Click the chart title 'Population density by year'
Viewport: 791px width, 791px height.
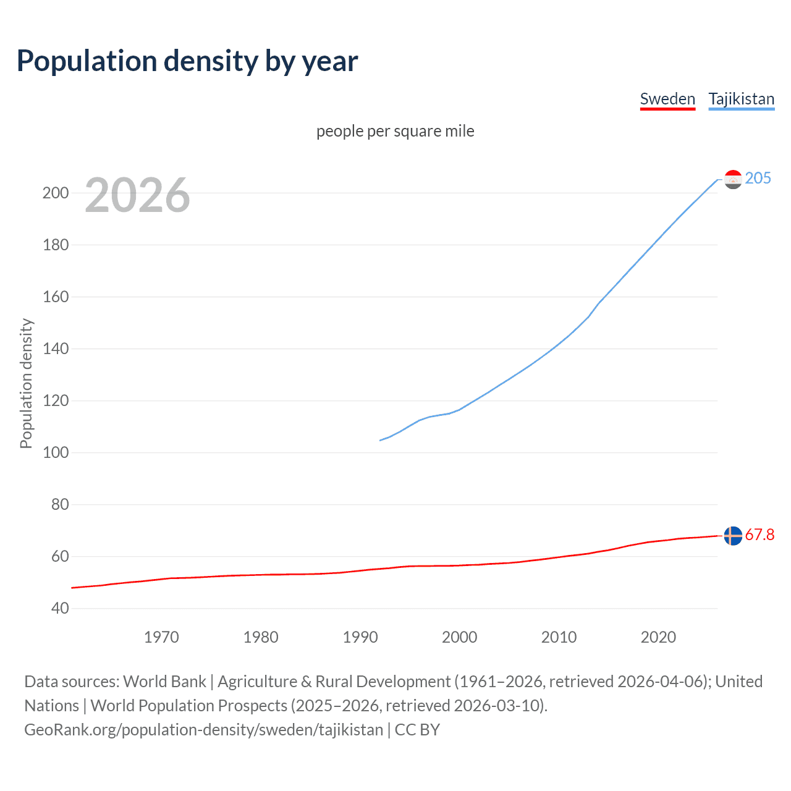(187, 61)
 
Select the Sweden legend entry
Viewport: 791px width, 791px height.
(667, 99)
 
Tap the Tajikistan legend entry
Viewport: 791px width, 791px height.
(741, 99)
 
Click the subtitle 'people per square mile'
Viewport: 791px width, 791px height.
(395, 131)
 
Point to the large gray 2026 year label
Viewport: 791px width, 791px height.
(137, 195)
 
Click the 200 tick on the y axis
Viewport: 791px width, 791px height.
(56, 193)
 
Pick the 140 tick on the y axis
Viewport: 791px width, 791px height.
(56, 349)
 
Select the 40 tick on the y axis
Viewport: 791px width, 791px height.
(60, 608)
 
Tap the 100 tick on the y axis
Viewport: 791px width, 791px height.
(56, 452)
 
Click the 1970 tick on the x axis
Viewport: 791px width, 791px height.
(161, 637)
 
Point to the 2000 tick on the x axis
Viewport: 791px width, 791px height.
(459, 637)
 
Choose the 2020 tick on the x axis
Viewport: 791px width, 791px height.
(658, 637)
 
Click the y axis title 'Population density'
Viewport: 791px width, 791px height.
(26, 383)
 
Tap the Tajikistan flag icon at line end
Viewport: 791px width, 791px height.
(733, 179)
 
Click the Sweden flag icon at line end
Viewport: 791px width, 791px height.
(733, 536)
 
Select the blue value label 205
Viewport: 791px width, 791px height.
(758, 178)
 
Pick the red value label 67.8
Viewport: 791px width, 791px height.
(759, 535)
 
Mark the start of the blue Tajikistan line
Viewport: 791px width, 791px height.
(380, 441)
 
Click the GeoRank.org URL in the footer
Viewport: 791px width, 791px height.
(204, 730)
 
